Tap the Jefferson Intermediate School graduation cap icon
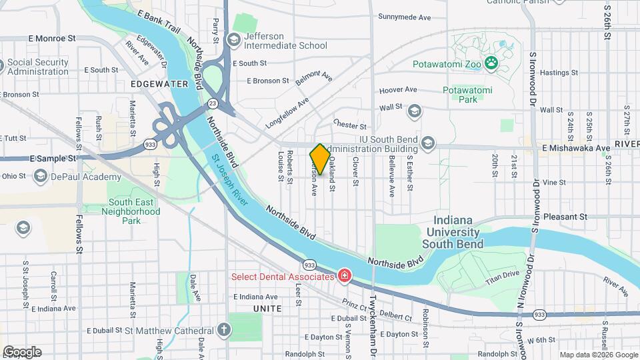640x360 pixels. (x=233, y=41)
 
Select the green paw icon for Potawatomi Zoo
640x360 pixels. (x=491, y=64)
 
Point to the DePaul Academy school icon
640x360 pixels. (x=41, y=177)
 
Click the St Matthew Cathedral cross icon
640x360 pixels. (x=225, y=330)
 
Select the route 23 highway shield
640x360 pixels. (x=212, y=103)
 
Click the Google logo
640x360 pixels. (x=22, y=352)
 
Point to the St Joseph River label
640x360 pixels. (x=230, y=181)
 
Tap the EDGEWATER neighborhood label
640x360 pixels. (x=159, y=84)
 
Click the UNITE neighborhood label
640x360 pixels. (x=267, y=308)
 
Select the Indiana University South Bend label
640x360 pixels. (x=457, y=232)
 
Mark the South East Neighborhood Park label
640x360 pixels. (x=134, y=211)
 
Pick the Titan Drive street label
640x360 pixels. (x=502, y=274)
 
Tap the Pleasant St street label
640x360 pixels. (x=565, y=217)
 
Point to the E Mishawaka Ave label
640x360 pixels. (x=576, y=148)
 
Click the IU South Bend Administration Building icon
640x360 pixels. (x=427, y=143)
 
